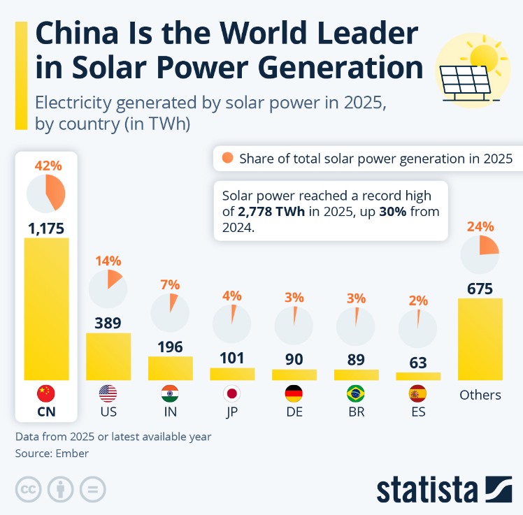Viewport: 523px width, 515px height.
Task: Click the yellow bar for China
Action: [46, 309]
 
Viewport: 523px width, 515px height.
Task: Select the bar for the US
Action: [108, 356]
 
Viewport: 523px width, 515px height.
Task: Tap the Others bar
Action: [480, 339]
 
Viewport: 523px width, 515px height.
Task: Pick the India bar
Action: [171, 368]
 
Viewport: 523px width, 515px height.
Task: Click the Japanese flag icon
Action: [232, 393]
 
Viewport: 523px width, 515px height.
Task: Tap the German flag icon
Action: [294, 393]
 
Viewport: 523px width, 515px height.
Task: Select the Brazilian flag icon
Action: [356, 393]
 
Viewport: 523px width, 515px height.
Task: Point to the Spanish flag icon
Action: [418, 393]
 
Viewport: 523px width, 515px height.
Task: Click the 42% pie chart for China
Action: [46, 194]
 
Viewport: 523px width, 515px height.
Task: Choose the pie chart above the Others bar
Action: [480, 254]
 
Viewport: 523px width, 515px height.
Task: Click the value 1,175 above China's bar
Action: [46, 229]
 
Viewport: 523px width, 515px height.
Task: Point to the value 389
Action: [108, 323]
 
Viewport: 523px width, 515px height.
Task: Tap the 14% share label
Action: [108, 261]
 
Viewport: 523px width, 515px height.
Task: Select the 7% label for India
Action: [170, 284]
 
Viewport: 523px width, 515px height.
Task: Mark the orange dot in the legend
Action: [228, 158]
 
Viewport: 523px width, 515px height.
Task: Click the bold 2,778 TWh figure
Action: [271, 212]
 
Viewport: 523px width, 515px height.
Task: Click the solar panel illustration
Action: [466, 83]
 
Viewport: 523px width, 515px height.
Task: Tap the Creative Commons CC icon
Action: [29, 489]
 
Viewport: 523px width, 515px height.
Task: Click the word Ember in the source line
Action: [72, 454]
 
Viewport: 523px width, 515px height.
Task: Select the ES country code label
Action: [418, 412]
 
